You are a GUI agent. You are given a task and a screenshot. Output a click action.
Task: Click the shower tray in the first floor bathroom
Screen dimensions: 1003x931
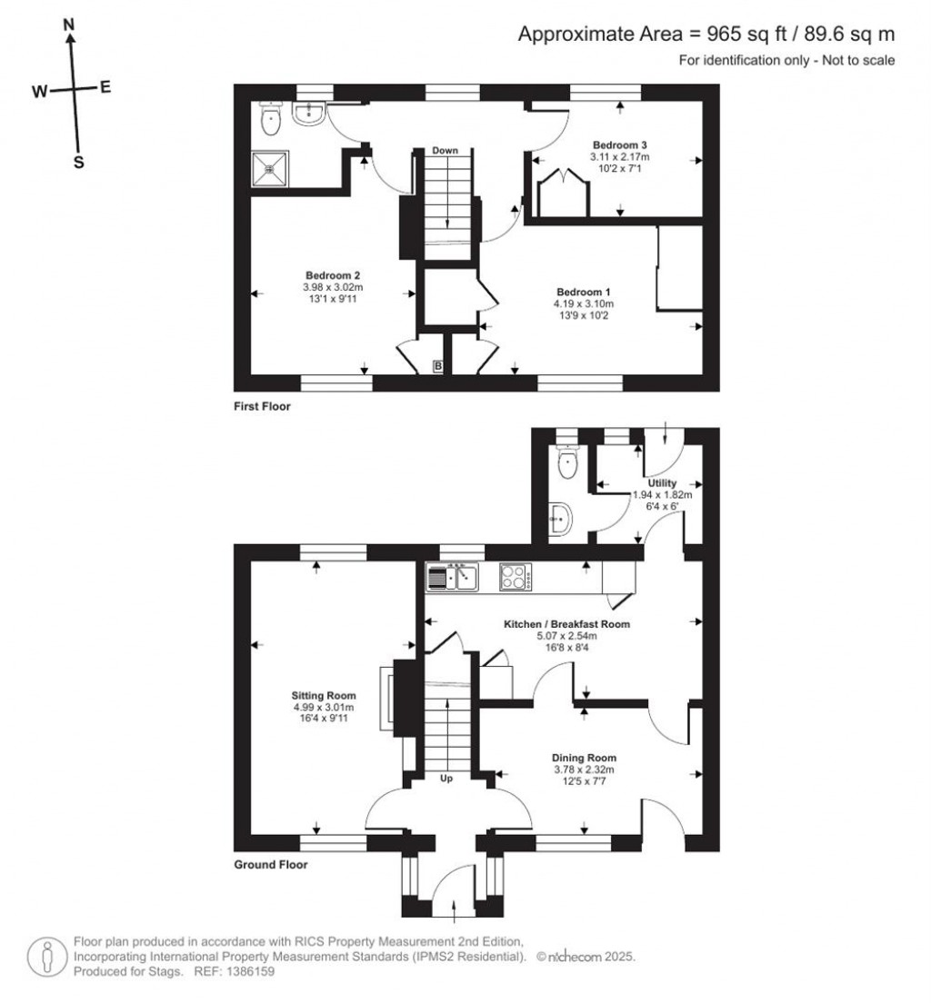point(270,167)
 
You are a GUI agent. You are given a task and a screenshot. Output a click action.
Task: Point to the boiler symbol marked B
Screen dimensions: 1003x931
point(438,366)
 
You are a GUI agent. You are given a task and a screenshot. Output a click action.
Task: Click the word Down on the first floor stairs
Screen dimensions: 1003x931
point(445,151)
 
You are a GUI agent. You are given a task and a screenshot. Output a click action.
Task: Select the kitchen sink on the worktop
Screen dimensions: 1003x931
point(453,576)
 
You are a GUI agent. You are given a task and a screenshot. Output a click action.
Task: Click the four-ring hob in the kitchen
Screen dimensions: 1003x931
point(515,576)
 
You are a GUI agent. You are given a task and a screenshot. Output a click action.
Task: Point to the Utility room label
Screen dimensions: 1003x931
point(662,482)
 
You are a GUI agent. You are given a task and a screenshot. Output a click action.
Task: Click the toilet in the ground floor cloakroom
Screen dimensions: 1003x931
point(567,462)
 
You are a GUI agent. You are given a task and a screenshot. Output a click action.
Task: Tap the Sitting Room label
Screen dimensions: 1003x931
point(324,695)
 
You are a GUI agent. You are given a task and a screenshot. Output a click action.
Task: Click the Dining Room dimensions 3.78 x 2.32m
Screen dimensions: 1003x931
point(584,770)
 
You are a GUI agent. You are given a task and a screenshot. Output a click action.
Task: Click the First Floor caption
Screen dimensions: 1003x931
point(262,406)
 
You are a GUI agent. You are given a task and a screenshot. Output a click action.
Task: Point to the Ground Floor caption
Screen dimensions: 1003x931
point(270,865)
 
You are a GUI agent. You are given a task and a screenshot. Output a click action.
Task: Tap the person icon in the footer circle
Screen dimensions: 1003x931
point(47,957)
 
